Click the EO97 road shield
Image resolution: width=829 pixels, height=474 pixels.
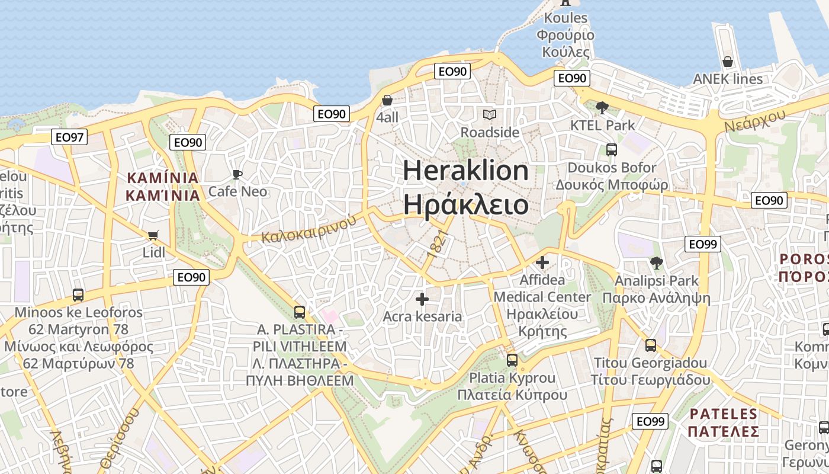tap(69, 137)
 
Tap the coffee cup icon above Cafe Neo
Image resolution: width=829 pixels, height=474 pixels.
tap(237, 174)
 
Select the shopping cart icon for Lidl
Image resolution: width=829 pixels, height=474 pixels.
tap(153, 236)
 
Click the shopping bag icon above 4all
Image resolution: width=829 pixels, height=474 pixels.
tap(387, 100)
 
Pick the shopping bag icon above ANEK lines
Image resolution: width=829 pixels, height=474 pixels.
tap(728, 62)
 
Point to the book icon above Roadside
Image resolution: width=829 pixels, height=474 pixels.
tap(490, 114)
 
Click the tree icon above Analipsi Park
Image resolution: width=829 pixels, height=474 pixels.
tap(656, 262)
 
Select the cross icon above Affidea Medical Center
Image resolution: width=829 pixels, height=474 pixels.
tap(542, 262)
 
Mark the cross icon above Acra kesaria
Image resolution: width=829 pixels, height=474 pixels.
tap(422, 299)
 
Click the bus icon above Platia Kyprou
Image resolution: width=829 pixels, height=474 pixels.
tap(512, 360)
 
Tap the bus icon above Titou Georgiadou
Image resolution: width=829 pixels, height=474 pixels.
tap(651, 345)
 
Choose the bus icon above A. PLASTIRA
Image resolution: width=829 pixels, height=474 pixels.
tap(300, 312)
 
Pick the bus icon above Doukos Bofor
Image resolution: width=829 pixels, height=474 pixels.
tap(612, 150)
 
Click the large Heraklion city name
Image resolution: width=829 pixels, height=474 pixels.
tap(465, 171)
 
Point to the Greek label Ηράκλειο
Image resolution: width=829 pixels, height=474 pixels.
tap(465, 204)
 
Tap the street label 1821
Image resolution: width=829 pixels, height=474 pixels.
tap(435, 246)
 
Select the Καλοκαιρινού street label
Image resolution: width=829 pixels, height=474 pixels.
tap(309, 229)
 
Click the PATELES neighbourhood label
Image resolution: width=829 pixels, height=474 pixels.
tap(724, 414)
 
